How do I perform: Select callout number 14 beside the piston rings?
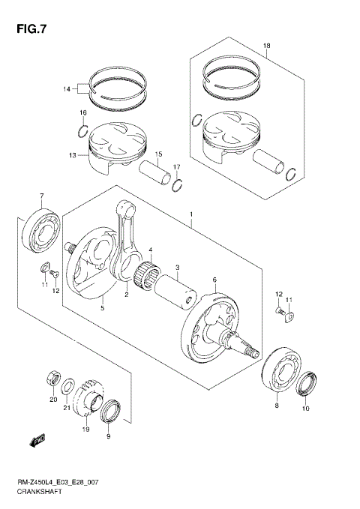[66, 89]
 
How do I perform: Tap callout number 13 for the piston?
[71, 155]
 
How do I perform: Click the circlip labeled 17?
[177, 185]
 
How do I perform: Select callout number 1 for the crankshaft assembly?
[191, 215]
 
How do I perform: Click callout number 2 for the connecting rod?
[127, 294]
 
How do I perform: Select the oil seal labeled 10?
[306, 386]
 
